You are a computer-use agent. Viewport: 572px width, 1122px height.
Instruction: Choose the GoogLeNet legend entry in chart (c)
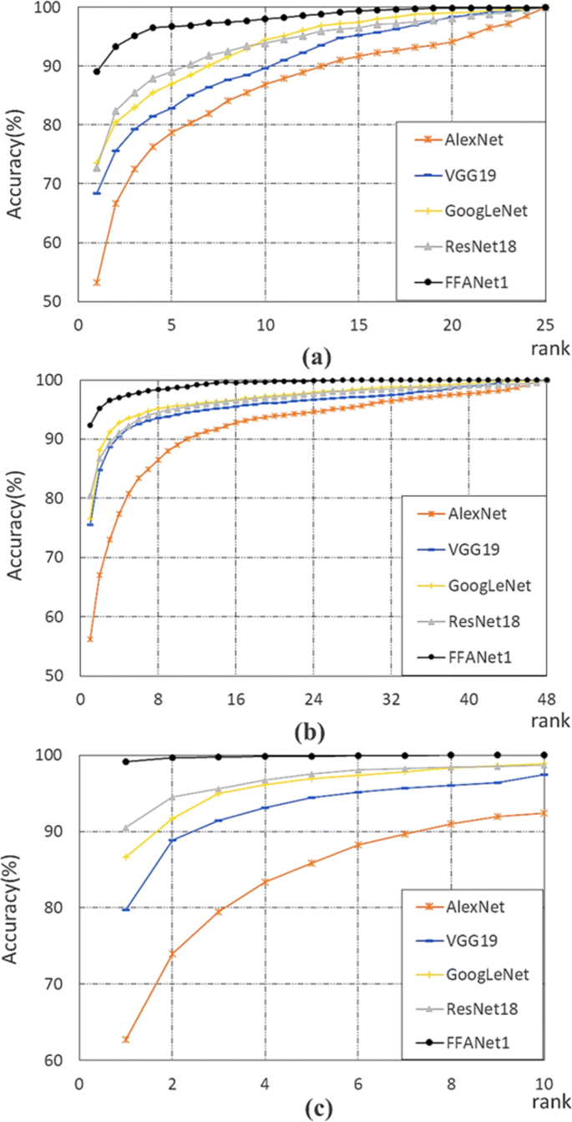click(474, 974)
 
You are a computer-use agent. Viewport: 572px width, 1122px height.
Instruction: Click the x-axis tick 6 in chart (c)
click(358, 1083)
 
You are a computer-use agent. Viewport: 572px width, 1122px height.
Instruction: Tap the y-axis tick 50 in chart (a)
click(61, 302)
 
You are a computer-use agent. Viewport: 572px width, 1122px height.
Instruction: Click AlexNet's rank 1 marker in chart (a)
click(97, 282)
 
